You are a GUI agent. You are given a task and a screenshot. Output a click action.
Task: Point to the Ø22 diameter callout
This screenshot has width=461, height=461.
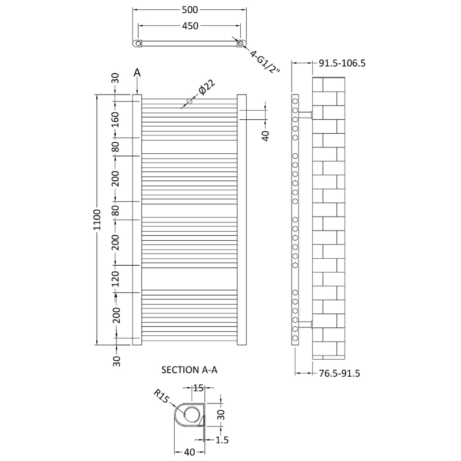(206, 88)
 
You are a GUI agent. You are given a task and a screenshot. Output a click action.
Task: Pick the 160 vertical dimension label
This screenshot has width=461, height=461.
(115, 120)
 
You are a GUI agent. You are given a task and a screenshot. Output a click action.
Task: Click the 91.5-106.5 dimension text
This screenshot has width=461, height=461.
(342, 63)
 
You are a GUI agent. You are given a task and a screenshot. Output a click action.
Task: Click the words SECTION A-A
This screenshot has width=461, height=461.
(190, 371)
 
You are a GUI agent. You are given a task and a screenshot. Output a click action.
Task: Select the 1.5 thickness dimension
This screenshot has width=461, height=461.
(222, 440)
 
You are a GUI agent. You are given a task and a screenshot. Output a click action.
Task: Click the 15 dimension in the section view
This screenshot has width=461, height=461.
(198, 389)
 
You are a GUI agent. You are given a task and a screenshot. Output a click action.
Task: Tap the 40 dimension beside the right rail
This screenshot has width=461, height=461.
(266, 135)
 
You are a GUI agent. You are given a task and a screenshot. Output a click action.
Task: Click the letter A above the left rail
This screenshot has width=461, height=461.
(137, 73)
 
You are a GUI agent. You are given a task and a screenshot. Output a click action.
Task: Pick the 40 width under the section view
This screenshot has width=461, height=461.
(188, 452)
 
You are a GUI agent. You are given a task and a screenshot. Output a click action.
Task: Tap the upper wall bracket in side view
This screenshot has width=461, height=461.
(306, 114)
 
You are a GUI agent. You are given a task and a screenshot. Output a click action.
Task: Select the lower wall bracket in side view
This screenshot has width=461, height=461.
(306, 323)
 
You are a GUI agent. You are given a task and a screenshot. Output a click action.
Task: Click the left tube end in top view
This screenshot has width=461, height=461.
(137, 43)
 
